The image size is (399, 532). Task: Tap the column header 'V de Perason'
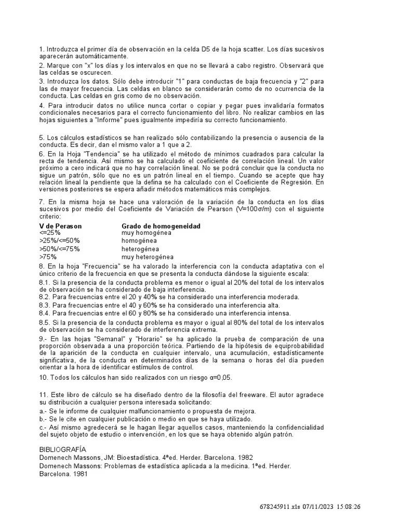point(60,227)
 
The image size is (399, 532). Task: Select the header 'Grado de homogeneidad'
point(161,227)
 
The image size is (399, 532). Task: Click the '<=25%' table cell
point(50,233)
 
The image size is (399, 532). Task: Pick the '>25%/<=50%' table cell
point(59,241)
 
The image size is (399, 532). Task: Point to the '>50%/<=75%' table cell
point(59,249)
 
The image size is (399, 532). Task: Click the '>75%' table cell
point(48,257)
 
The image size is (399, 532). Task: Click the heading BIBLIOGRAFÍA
point(63,449)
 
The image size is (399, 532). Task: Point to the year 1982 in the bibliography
point(245,458)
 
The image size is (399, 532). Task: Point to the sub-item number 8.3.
point(45,305)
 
